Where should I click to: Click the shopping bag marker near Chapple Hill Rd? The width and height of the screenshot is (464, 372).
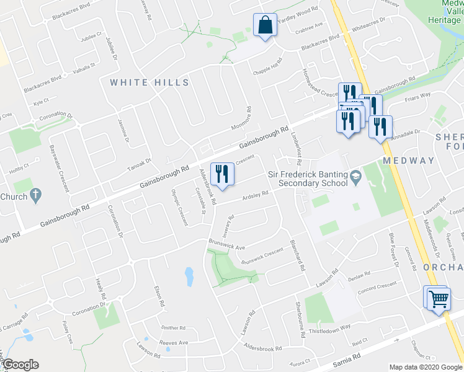265,26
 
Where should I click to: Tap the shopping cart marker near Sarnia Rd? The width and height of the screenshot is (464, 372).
437,298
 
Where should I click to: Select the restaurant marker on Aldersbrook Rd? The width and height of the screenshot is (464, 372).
221,175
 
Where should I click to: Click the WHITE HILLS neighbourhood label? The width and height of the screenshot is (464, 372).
149,82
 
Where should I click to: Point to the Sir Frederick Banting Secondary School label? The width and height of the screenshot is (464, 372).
308,179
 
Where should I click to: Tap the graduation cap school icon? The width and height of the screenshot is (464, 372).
355,177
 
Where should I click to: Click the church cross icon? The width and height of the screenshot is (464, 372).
36,197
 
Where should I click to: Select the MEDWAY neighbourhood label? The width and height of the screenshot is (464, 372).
409,161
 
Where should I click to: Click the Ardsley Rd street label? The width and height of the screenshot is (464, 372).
256,195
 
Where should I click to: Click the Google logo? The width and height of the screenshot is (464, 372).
20,365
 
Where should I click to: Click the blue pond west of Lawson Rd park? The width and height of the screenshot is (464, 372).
188,277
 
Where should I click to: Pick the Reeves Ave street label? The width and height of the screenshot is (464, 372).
174,343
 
